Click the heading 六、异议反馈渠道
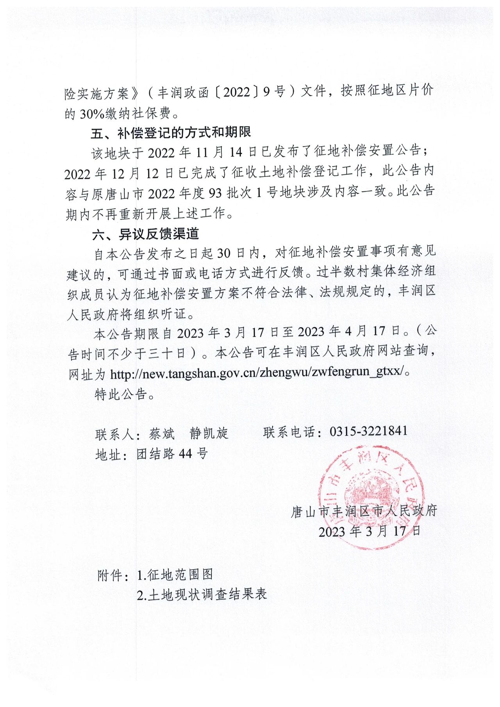point(146,234)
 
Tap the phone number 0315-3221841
point(368,431)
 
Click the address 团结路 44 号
point(172,453)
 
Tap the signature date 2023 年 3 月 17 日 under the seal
point(369,531)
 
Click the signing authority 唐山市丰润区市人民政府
point(364,511)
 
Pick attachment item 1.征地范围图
point(175,575)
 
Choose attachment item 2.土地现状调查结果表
point(202,595)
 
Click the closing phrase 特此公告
point(125,394)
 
